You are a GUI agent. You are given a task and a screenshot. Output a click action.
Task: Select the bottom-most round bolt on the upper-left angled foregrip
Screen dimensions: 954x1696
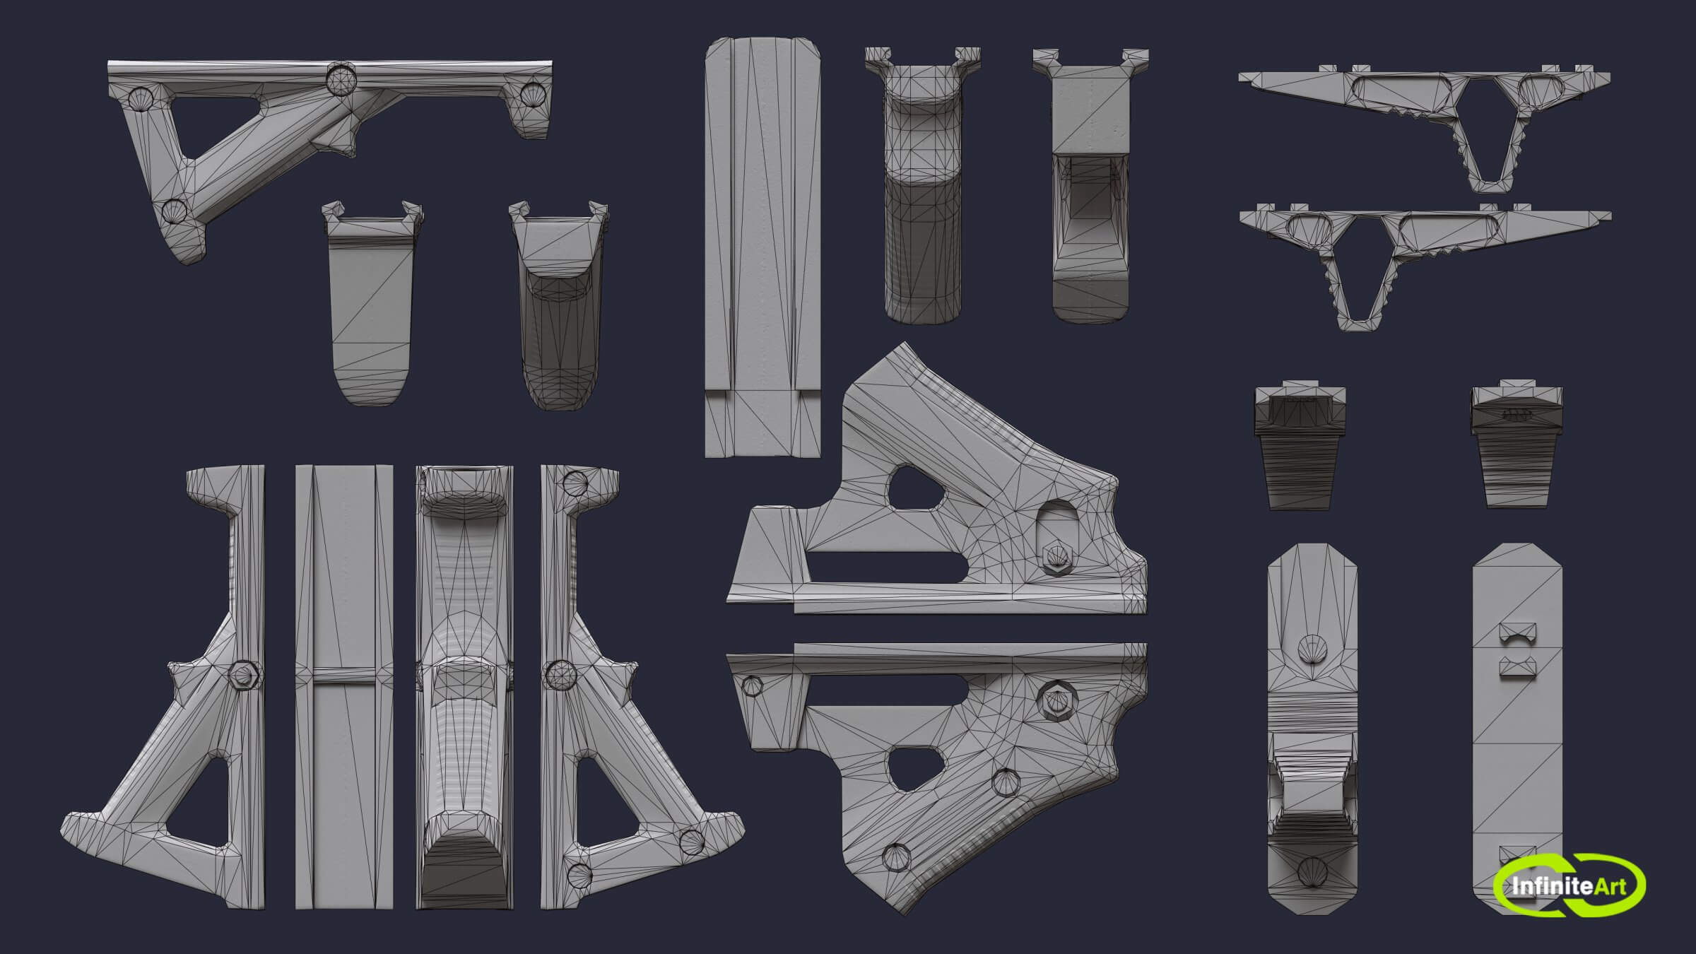(174, 210)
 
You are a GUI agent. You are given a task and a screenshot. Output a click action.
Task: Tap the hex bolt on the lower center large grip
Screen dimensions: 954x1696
(1056, 701)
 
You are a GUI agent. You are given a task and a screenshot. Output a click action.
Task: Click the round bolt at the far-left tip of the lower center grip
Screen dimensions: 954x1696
(752, 685)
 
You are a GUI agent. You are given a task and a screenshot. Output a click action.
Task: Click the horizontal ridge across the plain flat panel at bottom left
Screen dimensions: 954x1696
(344, 675)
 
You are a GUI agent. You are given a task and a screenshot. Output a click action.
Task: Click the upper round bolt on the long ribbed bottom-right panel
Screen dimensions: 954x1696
(1312, 651)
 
